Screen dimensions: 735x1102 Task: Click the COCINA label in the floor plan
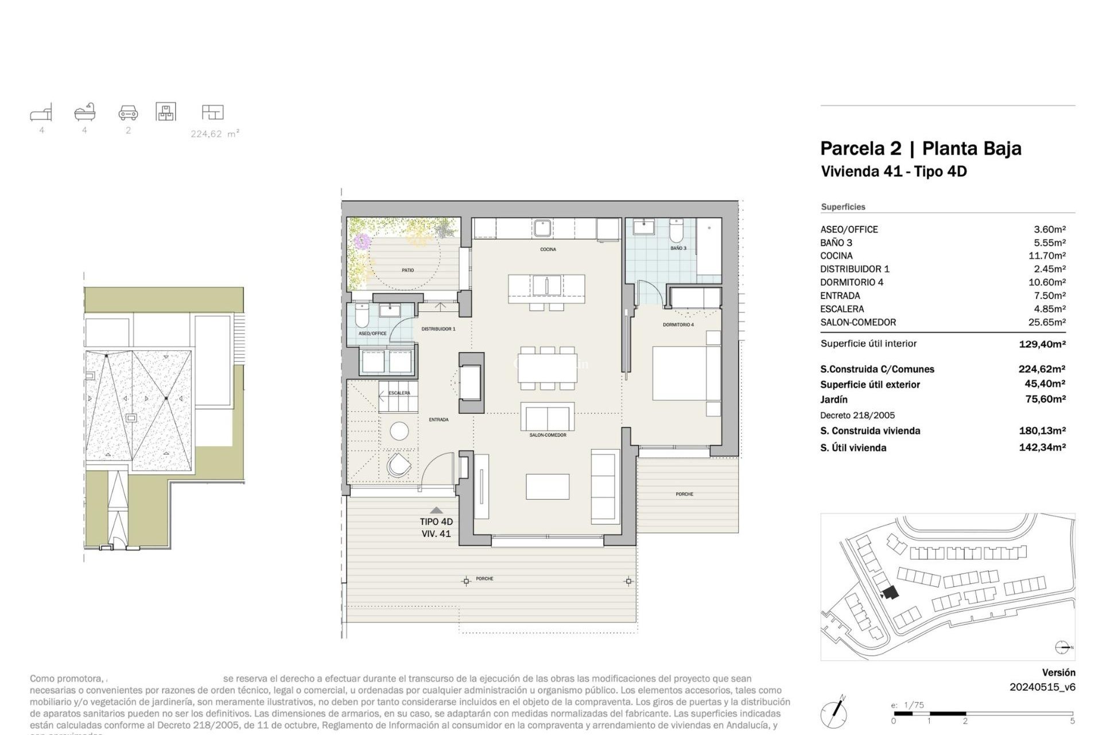click(548, 249)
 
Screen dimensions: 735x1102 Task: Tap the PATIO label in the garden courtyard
click(408, 270)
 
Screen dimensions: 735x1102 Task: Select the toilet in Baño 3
click(677, 231)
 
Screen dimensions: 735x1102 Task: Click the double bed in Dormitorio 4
click(686, 373)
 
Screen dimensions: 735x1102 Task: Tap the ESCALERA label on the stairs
click(399, 393)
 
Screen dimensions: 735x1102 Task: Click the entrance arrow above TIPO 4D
click(436, 510)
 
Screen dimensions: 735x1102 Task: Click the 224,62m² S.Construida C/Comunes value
click(1041, 369)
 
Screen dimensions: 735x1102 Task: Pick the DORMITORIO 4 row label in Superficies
click(851, 282)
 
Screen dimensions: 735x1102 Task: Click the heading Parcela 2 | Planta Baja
click(920, 148)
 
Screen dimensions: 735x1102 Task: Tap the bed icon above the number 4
click(41, 113)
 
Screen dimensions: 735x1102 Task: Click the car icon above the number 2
click(128, 113)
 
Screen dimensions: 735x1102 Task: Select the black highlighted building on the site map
click(890, 593)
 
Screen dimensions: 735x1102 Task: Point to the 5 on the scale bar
click(1072, 721)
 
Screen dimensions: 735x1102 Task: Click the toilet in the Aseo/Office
click(362, 316)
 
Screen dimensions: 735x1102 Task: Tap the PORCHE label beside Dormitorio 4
click(684, 494)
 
